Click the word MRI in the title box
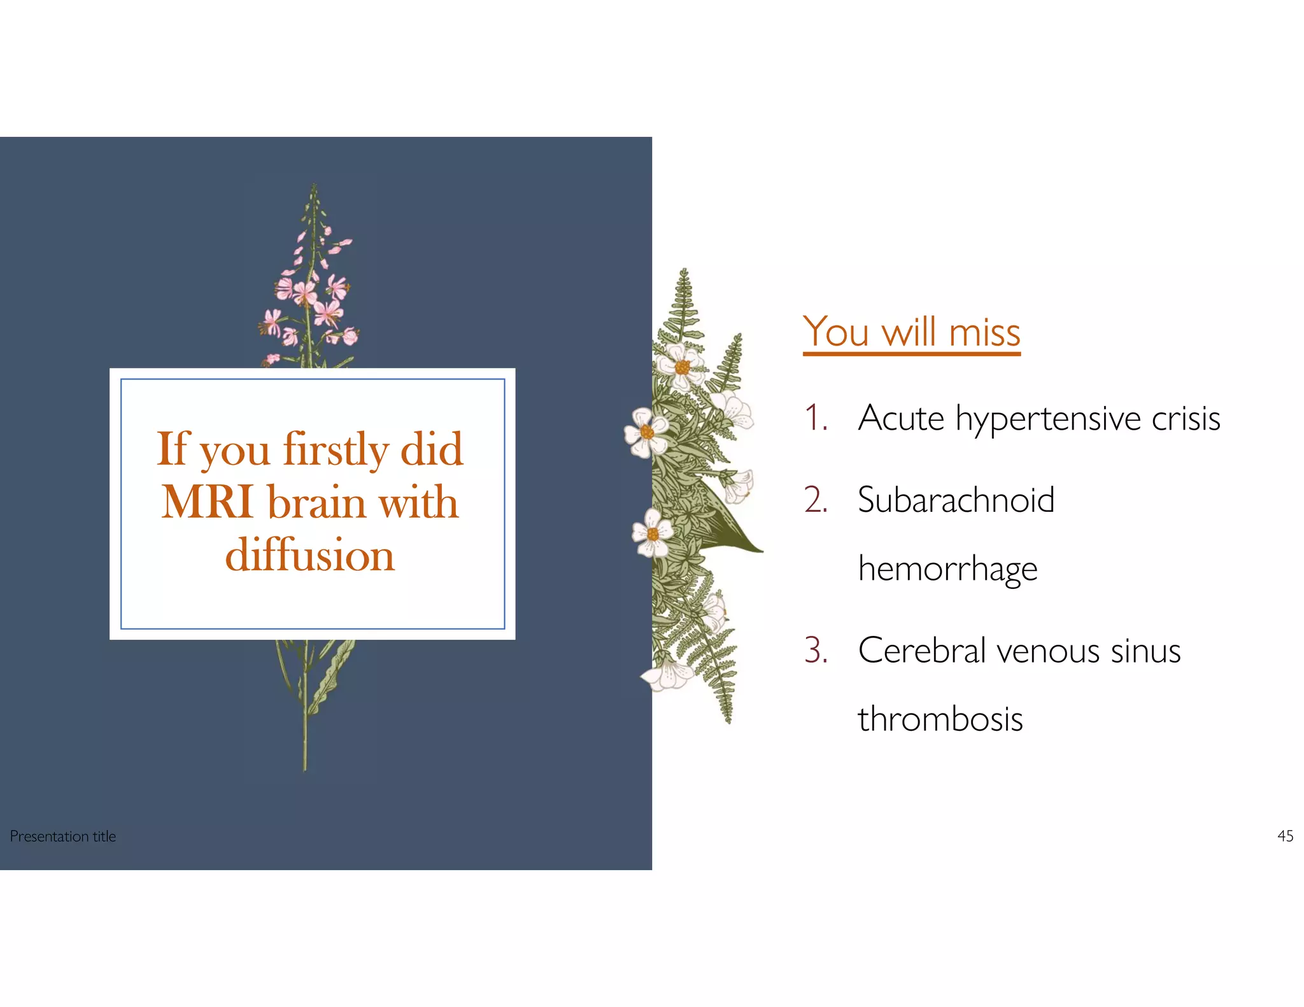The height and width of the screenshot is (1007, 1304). click(208, 502)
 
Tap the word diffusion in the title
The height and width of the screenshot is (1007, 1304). click(310, 555)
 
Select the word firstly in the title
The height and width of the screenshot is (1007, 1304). click(336, 449)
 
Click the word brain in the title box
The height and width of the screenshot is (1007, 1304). click(316, 502)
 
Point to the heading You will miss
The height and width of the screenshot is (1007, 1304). click(911, 332)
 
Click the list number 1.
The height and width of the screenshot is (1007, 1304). click(815, 418)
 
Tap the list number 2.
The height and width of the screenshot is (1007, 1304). click(816, 500)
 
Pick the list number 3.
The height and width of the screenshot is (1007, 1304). click(816, 651)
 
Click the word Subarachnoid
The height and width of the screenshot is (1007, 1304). click(956, 500)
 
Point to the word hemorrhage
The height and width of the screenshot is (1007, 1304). click(947, 569)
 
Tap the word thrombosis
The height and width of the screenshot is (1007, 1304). click(940, 719)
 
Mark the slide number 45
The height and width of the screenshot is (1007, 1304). click(1285, 836)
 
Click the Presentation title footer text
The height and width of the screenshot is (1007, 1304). click(63, 836)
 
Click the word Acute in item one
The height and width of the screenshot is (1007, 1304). click(901, 418)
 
